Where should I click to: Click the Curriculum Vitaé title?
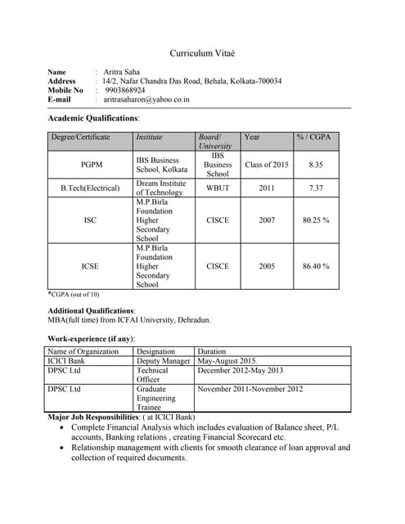point(202,53)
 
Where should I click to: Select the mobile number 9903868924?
point(130,90)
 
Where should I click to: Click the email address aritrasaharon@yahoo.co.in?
point(147,99)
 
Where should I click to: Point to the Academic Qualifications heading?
point(94,119)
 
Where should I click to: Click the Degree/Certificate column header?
point(80,137)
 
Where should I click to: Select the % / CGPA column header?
point(315,137)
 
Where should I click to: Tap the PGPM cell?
point(92,165)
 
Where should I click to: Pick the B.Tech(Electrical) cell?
point(90,188)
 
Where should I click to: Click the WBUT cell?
point(218,188)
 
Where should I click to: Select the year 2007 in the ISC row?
point(267,220)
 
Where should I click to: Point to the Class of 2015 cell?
point(267,165)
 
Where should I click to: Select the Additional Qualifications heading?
point(92,311)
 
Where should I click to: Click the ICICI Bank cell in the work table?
point(66,360)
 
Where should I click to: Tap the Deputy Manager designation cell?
point(164,360)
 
